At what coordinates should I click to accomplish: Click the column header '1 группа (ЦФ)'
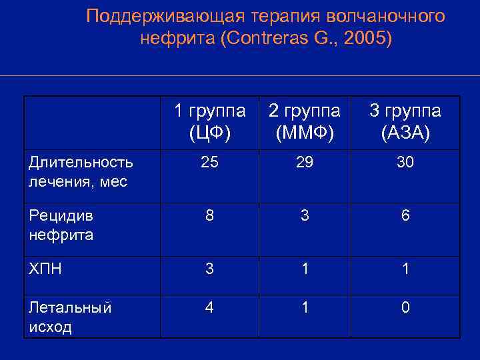tap(210, 122)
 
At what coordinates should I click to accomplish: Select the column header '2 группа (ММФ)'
tap(304, 122)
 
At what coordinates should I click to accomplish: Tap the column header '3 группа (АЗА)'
tap(405, 122)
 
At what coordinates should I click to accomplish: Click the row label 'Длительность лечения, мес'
tap(80, 171)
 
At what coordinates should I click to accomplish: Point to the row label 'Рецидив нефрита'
tap(61, 225)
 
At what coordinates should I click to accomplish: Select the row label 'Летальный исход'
tap(70, 317)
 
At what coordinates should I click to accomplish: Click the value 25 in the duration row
tap(209, 162)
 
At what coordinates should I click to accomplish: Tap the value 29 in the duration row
tap(304, 162)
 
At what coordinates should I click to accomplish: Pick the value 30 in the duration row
tap(405, 162)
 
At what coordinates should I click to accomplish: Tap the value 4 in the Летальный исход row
tap(209, 308)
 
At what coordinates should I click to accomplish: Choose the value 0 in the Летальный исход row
tap(405, 308)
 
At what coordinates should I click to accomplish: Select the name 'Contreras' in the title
tap(269, 39)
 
